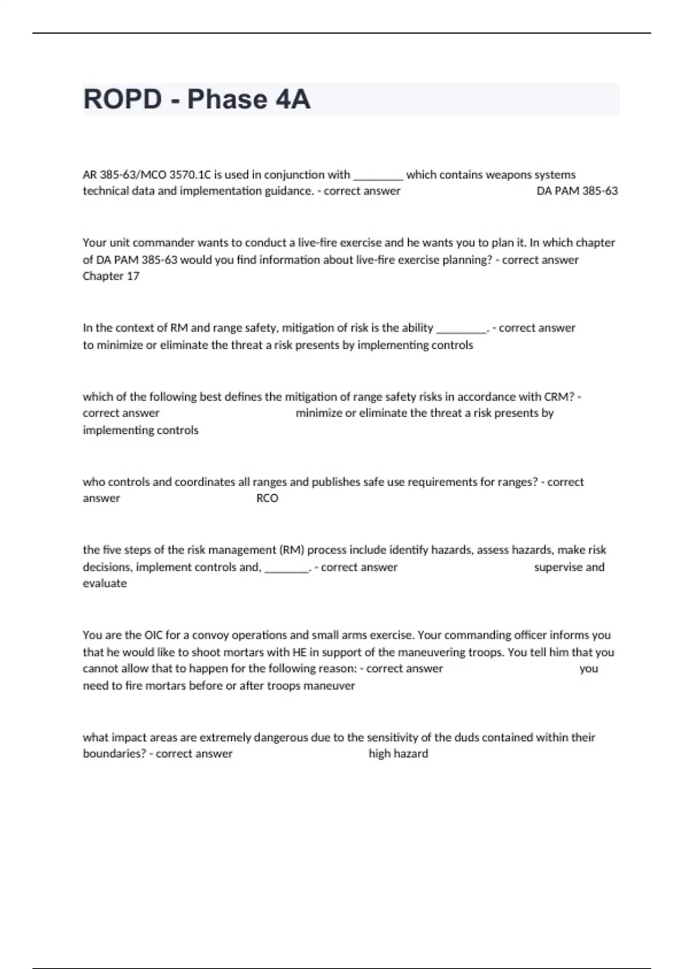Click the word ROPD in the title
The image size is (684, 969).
[123, 100]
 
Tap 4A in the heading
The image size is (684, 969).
[292, 100]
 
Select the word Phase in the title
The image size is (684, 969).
[227, 100]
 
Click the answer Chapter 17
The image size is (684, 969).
[111, 276]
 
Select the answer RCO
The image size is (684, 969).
[267, 499]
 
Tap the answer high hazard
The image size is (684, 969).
[398, 754]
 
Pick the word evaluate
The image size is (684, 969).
[105, 584]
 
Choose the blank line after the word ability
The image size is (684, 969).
[461, 329]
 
